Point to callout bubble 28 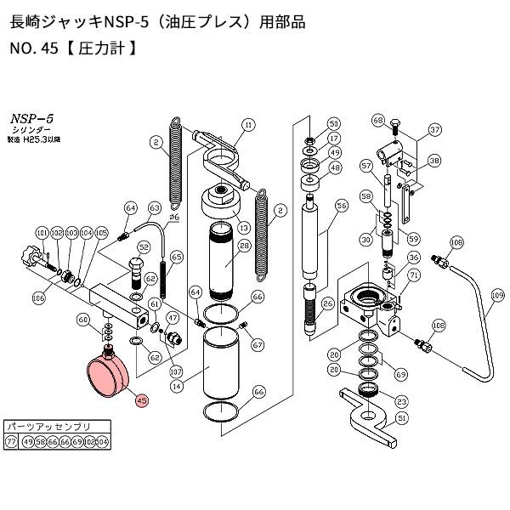click(x=245, y=246)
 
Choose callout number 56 click(x=342, y=205)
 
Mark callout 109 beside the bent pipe click(x=498, y=294)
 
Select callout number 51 click(x=403, y=417)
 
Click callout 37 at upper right click(x=434, y=129)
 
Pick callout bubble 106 click(x=39, y=297)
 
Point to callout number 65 click(x=177, y=256)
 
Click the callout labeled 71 click(x=415, y=275)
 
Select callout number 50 click(x=334, y=123)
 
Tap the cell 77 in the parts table click(x=11, y=442)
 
